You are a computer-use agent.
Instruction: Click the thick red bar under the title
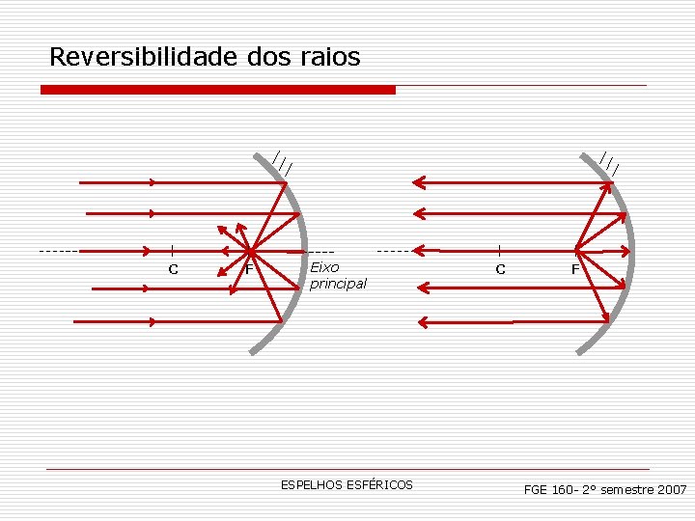(x=218, y=90)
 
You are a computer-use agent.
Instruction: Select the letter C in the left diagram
(x=173, y=269)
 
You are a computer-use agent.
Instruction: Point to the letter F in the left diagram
(x=248, y=269)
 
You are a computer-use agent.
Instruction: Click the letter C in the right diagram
(x=500, y=269)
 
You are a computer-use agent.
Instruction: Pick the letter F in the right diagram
(x=575, y=269)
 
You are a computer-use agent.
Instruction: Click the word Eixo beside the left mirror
(x=325, y=267)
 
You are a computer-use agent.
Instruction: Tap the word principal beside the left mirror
(x=338, y=284)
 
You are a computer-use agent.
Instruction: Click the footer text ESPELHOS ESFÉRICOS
(x=347, y=484)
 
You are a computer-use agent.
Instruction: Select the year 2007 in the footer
(x=671, y=490)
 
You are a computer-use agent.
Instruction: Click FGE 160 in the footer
(x=549, y=490)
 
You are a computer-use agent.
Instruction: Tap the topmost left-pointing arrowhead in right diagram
(x=418, y=180)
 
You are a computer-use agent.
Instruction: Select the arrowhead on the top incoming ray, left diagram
(x=153, y=181)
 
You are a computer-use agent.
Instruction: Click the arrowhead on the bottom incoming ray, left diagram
(x=153, y=321)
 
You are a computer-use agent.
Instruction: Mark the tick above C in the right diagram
(x=499, y=251)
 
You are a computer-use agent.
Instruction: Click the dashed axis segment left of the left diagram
(x=58, y=251)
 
